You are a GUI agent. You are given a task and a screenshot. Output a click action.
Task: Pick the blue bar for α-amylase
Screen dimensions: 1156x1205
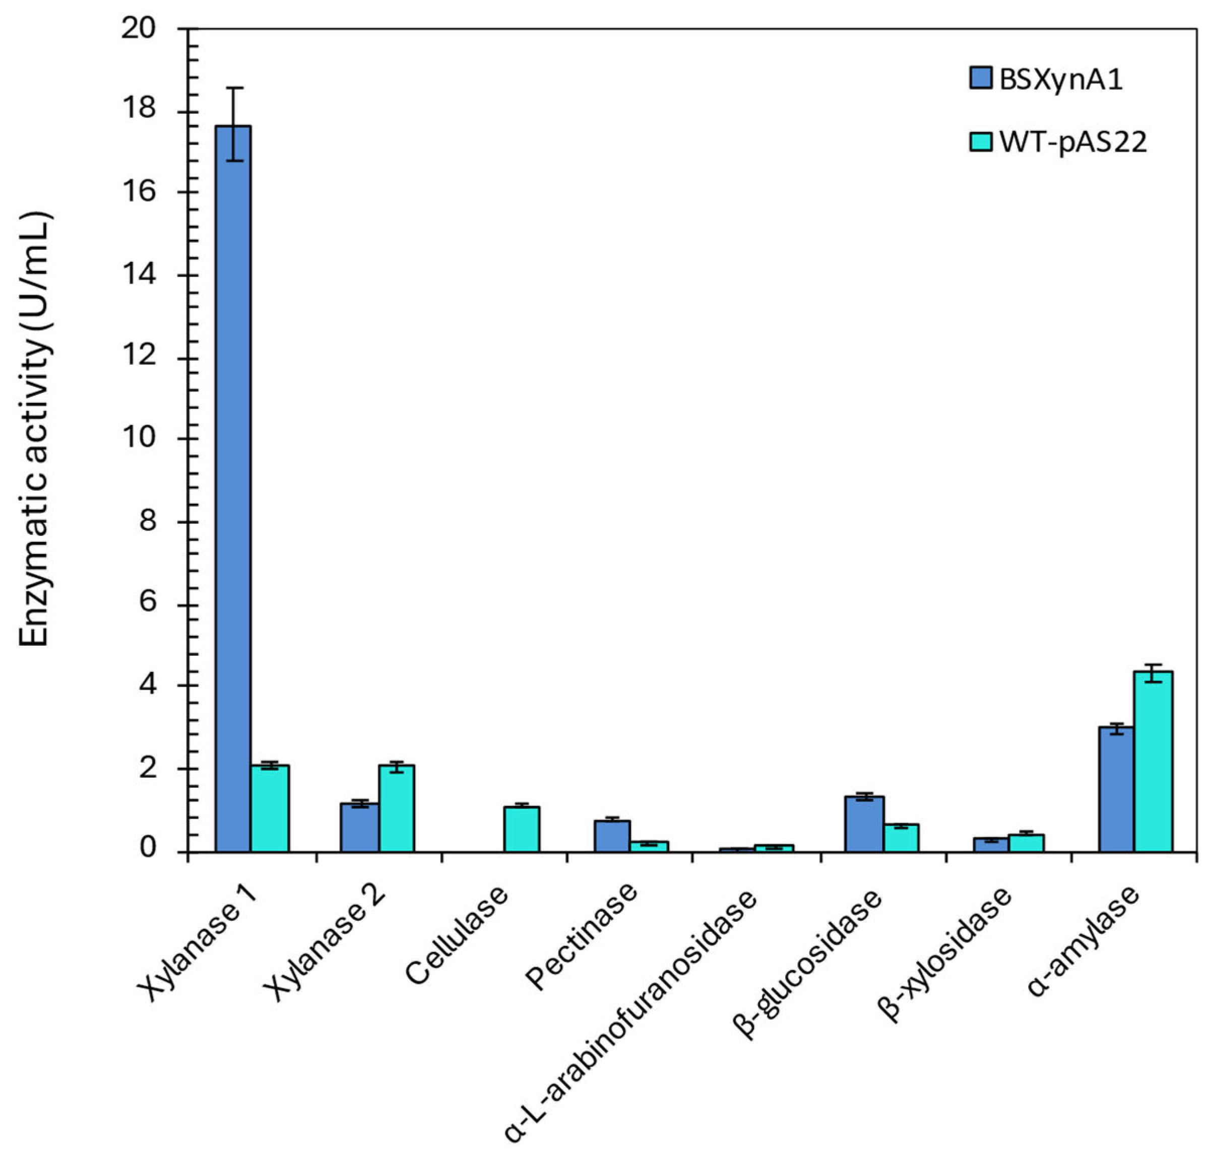[x=1116, y=789]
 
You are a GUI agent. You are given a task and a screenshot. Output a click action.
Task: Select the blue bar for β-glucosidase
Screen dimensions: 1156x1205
[x=864, y=824]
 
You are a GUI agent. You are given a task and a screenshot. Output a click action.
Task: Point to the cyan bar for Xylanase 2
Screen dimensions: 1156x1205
[x=396, y=807]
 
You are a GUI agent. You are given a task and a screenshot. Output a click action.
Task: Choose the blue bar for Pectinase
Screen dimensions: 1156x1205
[x=612, y=836]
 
